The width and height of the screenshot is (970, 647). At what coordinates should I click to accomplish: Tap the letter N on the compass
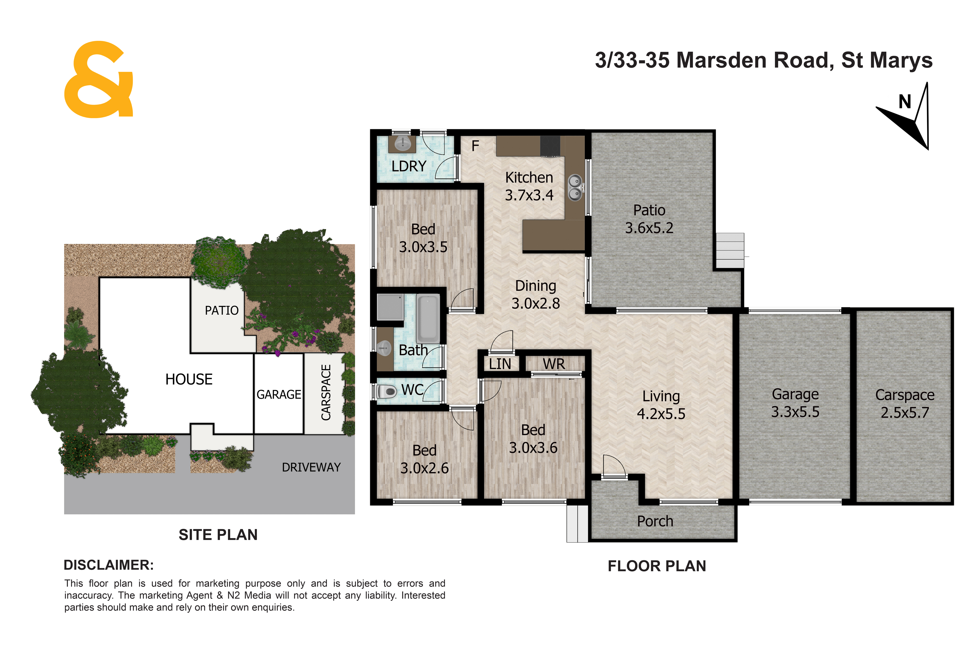pyautogui.click(x=905, y=101)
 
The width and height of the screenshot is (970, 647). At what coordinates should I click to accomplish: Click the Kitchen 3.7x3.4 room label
pyautogui.click(x=529, y=186)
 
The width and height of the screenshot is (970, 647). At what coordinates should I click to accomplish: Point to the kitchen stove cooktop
pyautogui.click(x=550, y=147)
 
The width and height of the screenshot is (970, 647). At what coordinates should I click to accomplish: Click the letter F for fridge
pyautogui.click(x=475, y=146)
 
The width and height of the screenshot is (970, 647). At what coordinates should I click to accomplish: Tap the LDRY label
pyautogui.click(x=409, y=166)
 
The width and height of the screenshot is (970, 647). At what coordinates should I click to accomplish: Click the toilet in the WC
pyautogui.click(x=387, y=391)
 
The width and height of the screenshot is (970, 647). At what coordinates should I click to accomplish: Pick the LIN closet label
pyautogui.click(x=500, y=364)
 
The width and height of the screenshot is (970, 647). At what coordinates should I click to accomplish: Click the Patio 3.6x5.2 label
pyautogui.click(x=649, y=219)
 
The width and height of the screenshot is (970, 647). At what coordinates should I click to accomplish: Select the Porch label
pyautogui.click(x=655, y=521)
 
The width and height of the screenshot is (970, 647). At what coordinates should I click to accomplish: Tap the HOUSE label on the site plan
pyautogui.click(x=189, y=379)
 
